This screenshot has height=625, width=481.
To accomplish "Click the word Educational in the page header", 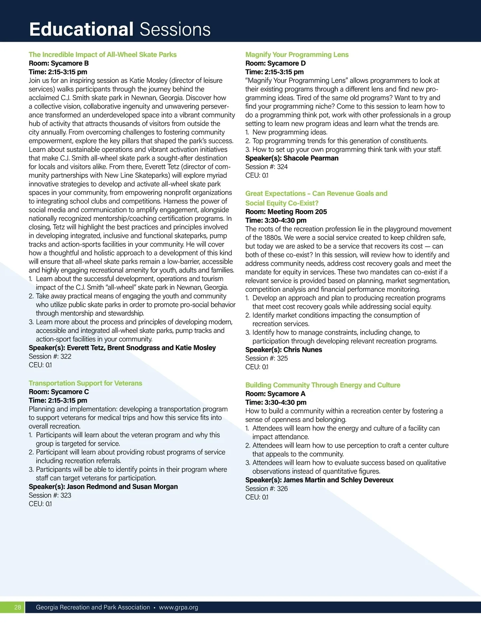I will click(81, 30).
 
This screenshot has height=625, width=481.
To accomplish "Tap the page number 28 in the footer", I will click(18, 607).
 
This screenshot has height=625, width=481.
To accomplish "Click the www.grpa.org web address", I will click(178, 607).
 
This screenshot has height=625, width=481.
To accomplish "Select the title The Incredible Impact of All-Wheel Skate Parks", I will click(103, 55).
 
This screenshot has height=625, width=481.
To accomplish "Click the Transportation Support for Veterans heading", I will click(85, 383).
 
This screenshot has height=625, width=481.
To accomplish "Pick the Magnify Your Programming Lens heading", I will click(297, 55).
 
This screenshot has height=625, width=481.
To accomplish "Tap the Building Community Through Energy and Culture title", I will click(323, 385).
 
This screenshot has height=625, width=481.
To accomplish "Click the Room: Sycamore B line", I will click(59, 63).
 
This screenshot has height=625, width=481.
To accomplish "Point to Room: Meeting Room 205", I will click(286, 212).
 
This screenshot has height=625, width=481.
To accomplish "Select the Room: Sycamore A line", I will click(275, 394).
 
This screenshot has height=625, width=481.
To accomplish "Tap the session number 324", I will click(282, 167).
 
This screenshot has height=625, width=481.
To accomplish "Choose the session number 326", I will click(282, 489).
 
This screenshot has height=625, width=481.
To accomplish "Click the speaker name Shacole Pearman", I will click(311, 158).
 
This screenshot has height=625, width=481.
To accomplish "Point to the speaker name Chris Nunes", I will click(303, 350).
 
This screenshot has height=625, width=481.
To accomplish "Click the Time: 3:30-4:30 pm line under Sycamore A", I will click(276, 402).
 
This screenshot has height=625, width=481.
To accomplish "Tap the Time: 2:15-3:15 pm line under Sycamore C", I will click(58, 400).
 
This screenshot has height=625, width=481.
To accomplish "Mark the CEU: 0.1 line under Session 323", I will click(40, 504).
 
